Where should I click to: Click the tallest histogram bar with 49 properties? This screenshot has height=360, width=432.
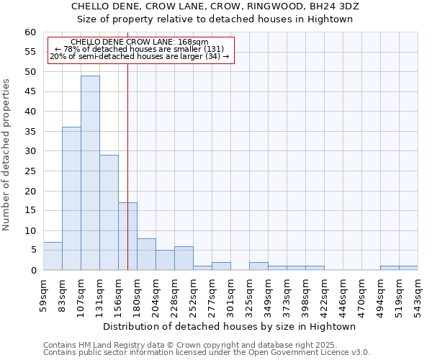[x=90, y=173]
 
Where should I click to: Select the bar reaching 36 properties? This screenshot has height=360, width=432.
[x=71, y=199]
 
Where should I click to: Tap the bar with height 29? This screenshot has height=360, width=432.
[x=109, y=212]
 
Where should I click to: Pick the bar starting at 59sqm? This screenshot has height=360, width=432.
[x=53, y=256]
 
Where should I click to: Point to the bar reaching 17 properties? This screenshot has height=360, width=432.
[x=127, y=236]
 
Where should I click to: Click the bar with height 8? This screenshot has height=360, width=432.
[x=146, y=254]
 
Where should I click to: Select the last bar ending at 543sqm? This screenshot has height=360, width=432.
[x=408, y=268]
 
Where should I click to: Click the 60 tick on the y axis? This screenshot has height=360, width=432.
[x=30, y=32]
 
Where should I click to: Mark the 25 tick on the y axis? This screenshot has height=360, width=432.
[x=30, y=171]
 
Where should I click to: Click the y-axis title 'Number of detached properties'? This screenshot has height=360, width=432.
[x=6, y=155]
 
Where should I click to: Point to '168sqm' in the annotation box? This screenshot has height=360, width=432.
[x=193, y=42]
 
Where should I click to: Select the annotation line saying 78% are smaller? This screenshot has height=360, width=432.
[x=140, y=49]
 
